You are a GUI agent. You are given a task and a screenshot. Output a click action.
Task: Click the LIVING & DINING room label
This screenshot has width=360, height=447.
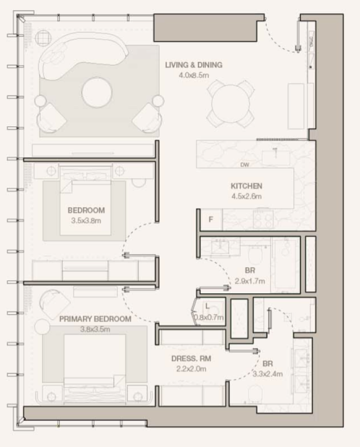point(194,65)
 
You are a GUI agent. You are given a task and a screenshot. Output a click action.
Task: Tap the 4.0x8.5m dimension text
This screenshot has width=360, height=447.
point(194,75)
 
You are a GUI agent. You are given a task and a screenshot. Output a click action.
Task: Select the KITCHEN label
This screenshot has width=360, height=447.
point(247,186)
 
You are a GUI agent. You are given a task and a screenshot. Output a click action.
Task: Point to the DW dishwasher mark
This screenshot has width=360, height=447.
point(244,165)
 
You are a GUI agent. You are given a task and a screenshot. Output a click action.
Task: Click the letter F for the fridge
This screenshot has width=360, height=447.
point(210,220)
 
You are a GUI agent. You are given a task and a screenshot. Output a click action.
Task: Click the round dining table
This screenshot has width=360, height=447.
point(231,104)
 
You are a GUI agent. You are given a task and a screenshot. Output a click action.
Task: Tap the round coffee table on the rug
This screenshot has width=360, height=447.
point(97,92)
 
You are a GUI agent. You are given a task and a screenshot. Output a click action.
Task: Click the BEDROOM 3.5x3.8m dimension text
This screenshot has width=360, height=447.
point(86,221)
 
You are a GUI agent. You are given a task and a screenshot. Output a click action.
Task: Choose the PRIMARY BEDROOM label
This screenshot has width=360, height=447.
point(95,318)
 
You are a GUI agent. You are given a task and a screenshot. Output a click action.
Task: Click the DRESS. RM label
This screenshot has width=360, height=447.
point(192,358)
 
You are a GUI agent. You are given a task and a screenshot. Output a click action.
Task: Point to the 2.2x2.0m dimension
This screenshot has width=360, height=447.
point(192,369)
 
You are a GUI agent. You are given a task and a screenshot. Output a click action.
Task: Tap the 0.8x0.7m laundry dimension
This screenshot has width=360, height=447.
point(209,317)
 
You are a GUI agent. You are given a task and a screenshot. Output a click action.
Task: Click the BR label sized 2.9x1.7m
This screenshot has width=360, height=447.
point(250,270)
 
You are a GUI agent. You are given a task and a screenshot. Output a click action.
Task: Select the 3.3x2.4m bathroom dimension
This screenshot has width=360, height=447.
point(267,374)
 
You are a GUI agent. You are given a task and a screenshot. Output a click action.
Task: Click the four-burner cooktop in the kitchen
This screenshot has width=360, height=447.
point(263,220)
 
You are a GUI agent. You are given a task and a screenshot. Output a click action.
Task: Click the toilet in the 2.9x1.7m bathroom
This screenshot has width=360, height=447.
point(255,254)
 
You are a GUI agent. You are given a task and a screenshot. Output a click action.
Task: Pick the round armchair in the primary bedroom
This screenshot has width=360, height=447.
point(54,304)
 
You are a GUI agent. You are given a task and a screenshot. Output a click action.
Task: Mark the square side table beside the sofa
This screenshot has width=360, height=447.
point(43,38)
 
